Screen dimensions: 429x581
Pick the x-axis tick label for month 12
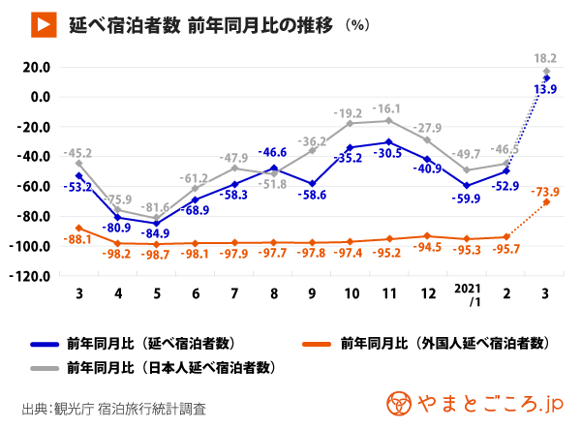pyautogui.click(x=426, y=291)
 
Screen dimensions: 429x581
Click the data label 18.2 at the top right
pyautogui.click(x=546, y=58)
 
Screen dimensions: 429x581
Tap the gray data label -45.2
pyautogui.click(x=78, y=152)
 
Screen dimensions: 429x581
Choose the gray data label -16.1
pyautogui.click(x=389, y=108)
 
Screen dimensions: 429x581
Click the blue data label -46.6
pyautogui.click(x=274, y=152)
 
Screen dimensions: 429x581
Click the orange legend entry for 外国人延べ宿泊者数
pyautogui.click(x=445, y=343)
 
